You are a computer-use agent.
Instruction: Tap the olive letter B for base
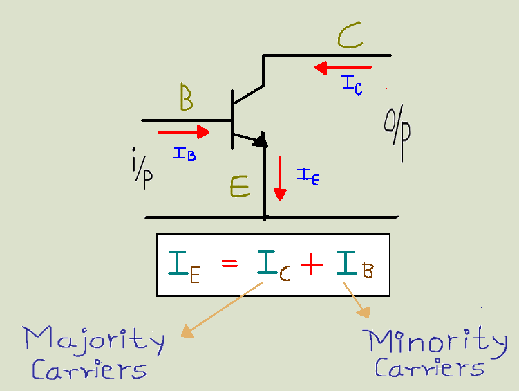point(186,98)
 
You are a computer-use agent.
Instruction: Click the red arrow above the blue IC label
point(342,68)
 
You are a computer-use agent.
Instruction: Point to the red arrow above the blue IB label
point(183,131)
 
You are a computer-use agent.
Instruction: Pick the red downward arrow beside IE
point(279,178)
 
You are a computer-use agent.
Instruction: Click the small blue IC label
point(352,84)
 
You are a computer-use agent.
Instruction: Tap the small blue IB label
point(185,154)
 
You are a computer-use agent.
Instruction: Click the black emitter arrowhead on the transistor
point(259,140)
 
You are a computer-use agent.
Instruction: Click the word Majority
point(94,340)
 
